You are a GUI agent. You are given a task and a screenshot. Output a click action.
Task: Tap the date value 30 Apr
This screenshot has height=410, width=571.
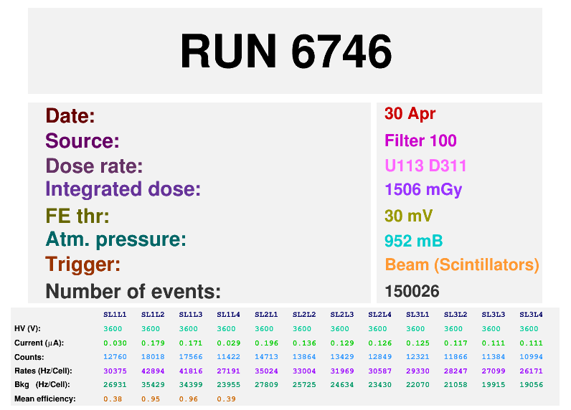410,113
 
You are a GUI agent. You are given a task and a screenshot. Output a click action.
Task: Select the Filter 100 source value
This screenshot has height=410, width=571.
420,140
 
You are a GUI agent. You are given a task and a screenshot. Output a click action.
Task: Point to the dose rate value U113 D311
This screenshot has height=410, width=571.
425,166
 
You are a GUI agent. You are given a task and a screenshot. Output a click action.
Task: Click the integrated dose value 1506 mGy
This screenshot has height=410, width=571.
423,190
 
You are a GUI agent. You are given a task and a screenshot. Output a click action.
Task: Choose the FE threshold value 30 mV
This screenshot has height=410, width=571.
408,216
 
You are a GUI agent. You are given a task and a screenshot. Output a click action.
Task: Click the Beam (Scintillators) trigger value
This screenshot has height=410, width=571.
461,264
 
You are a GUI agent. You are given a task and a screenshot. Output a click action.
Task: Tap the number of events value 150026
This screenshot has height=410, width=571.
412,291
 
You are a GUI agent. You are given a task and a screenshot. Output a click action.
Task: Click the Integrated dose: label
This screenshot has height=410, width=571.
123,190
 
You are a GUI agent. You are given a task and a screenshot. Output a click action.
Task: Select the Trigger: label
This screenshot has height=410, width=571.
82,264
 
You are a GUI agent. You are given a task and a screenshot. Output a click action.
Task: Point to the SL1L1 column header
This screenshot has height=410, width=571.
115,315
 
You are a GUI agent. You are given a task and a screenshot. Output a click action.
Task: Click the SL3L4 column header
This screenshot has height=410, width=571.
532,315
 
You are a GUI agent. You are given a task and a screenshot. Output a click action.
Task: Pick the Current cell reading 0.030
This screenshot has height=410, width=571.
115,343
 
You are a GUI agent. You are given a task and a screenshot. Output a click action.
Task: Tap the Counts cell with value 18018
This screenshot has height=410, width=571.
154,356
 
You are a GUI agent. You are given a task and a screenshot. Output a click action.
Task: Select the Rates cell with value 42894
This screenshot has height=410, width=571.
154,371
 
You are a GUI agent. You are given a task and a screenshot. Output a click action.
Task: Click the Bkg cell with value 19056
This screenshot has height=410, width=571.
532,384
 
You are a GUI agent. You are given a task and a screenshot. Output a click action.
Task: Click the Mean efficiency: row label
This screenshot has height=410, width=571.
44,399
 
